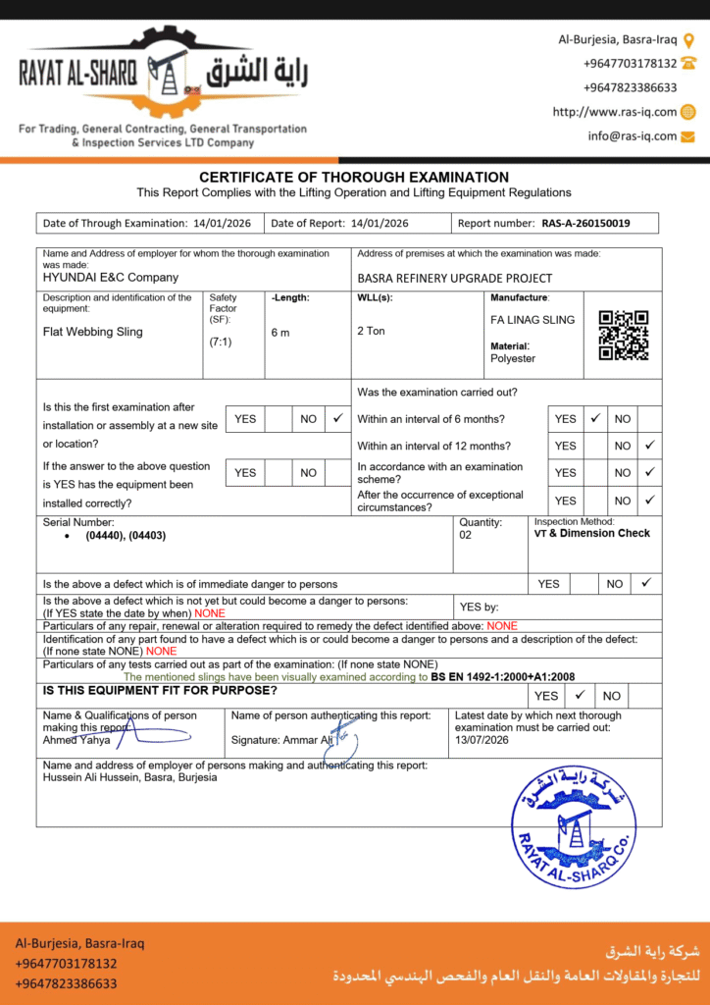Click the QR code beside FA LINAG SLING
(624, 335)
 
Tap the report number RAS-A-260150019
(585, 224)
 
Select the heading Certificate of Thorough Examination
(354, 178)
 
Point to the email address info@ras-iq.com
(633, 136)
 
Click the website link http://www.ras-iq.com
(615, 112)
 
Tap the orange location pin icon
(688, 40)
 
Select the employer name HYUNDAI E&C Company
(111, 278)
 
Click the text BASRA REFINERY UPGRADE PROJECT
(455, 278)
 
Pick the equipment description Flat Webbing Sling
(93, 332)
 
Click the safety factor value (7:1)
(221, 343)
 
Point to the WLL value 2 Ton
(372, 332)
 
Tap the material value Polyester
(513, 358)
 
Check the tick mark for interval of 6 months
(594, 418)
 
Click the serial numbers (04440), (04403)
(126, 537)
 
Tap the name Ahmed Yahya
(76, 740)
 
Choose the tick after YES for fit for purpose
(579, 695)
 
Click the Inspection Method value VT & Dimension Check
(591, 534)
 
